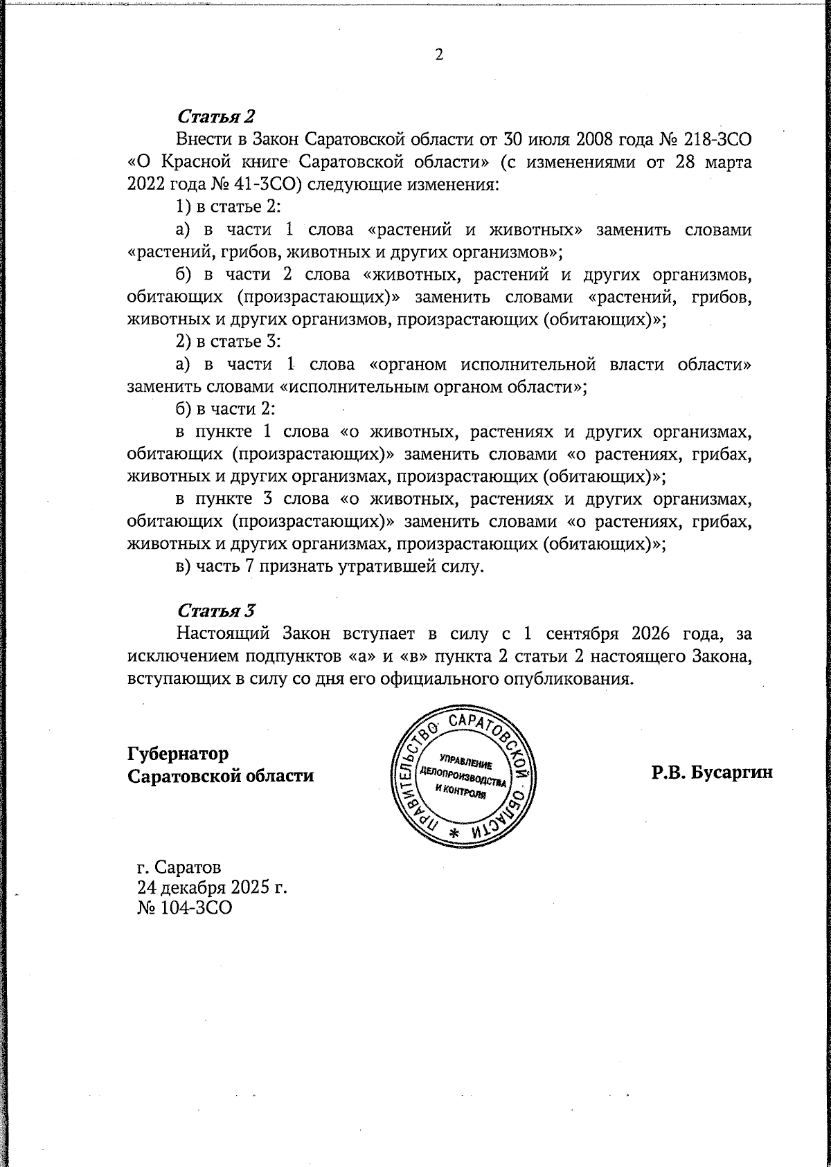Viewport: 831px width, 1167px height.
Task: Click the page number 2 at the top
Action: (x=438, y=56)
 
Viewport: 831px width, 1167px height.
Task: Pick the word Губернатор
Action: (x=178, y=752)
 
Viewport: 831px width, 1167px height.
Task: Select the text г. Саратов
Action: (x=180, y=867)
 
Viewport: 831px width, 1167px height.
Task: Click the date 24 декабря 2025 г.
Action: (x=213, y=887)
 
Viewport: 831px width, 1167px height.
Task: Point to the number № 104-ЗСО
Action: (x=185, y=907)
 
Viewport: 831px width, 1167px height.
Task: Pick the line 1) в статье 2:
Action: (x=228, y=207)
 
